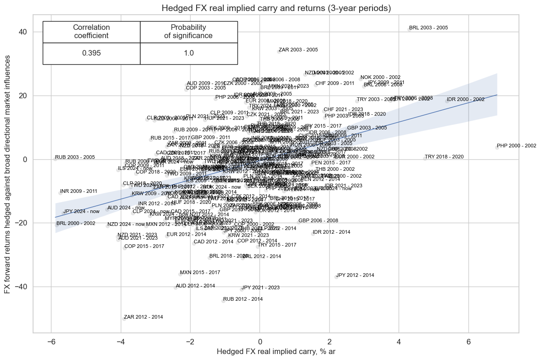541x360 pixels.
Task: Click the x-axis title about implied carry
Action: pos(276,352)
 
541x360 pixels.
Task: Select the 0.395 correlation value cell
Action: pos(91,53)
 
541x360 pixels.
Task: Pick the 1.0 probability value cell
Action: pos(188,53)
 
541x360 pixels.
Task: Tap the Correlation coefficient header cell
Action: pos(91,32)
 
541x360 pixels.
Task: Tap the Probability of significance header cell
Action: pos(188,32)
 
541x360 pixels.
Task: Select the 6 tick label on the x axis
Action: pos(468,342)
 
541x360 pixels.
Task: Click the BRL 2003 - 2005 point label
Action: pos(428,28)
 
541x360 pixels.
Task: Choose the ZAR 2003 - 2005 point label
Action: pos(298,50)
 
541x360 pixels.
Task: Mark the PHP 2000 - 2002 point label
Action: pos(516,146)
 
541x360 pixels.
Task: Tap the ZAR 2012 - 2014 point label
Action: pos(143,317)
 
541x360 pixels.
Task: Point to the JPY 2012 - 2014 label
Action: pos(355,276)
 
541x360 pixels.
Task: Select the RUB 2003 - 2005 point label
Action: pos(74,157)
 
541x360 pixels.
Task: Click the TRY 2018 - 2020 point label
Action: pos(444,157)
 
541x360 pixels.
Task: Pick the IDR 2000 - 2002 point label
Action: pos(465,100)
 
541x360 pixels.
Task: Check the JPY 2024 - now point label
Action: pos(81,212)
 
